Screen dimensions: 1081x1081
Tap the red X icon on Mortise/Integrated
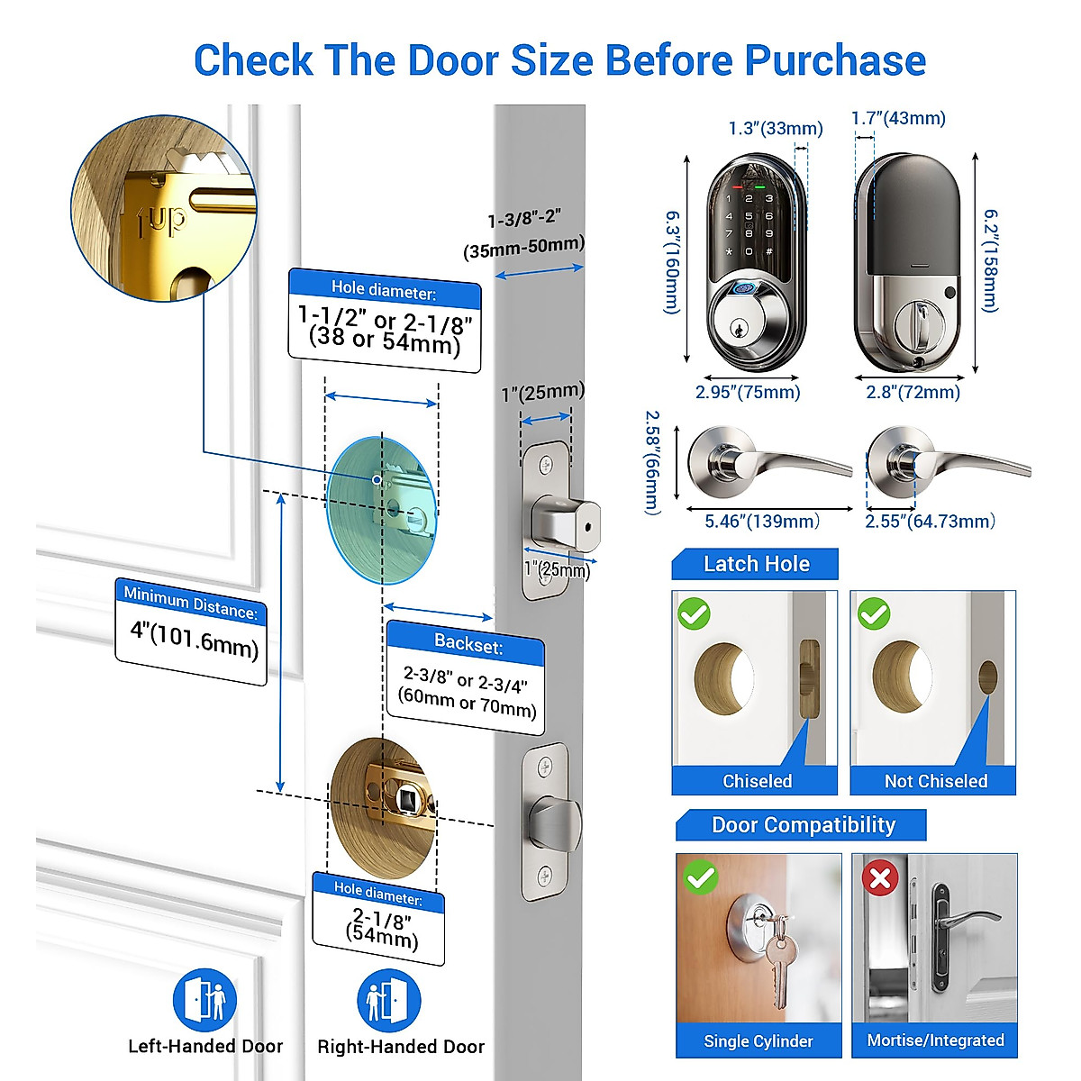click(x=880, y=878)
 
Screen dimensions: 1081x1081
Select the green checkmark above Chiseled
click(x=694, y=614)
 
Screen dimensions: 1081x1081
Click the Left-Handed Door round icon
click(x=204, y=1000)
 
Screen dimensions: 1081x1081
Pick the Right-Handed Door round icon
click(x=389, y=1000)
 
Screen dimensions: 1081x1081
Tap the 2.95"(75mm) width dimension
click(x=748, y=392)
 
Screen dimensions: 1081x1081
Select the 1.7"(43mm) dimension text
click(x=898, y=118)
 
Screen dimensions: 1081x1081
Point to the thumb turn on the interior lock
click(x=921, y=324)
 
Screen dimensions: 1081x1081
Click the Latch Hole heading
click(x=756, y=564)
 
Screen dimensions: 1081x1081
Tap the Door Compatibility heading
click(x=803, y=825)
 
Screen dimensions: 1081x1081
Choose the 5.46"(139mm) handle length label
click(x=762, y=522)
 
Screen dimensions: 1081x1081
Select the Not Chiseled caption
click(x=935, y=781)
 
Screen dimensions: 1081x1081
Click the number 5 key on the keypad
click(x=749, y=216)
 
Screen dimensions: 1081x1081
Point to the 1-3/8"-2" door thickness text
click(x=524, y=219)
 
